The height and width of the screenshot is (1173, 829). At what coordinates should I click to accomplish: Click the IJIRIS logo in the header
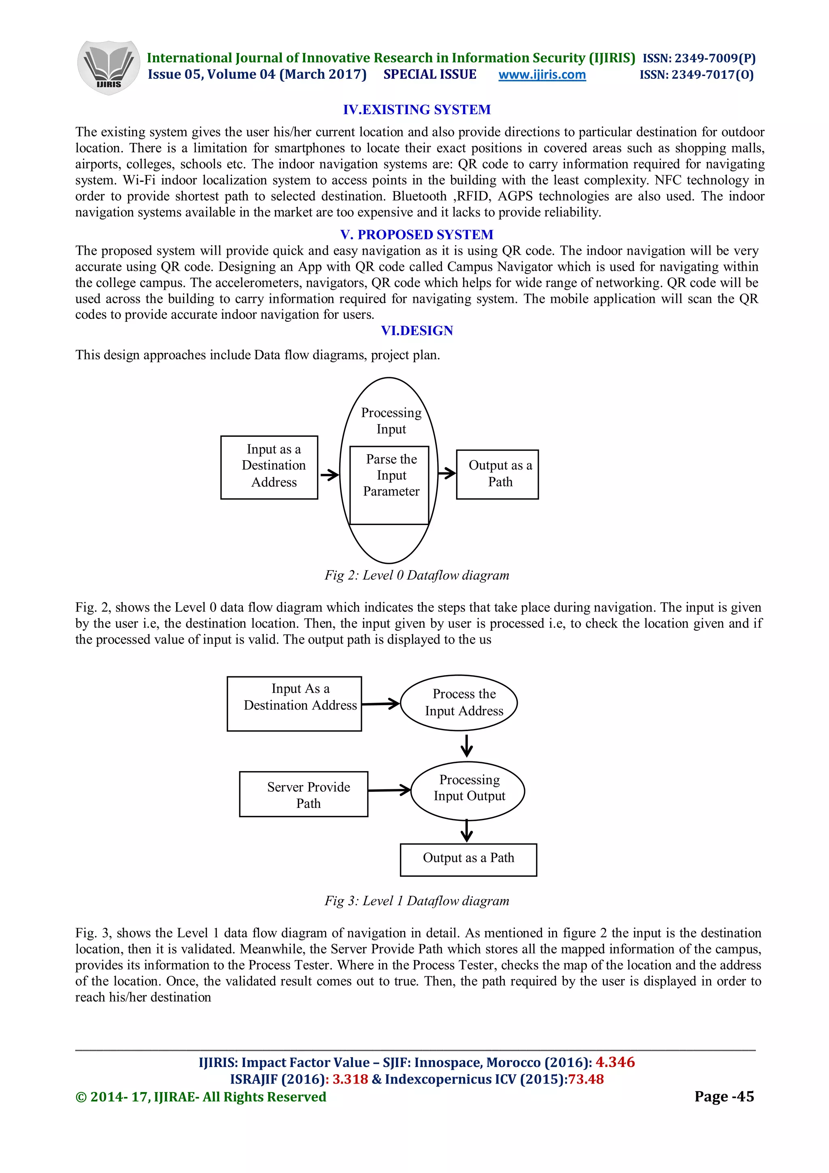click(108, 68)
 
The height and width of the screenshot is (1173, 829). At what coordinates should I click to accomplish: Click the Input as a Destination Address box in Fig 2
click(269, 467)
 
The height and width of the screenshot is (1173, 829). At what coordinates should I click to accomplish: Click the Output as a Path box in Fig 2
click(497, 474)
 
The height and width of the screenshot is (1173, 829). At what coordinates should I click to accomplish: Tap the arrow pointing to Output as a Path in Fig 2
click(447, 473)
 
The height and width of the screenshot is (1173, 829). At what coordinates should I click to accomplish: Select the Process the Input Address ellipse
click(459, 703)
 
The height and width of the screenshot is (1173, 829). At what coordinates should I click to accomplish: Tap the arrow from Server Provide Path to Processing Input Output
click(389, 790)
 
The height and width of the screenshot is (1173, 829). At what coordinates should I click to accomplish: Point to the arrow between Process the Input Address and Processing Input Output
click(466, 746)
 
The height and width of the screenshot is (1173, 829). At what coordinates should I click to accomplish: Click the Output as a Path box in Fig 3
click(468, 860)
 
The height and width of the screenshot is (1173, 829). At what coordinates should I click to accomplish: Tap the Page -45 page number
click(724, 1096)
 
